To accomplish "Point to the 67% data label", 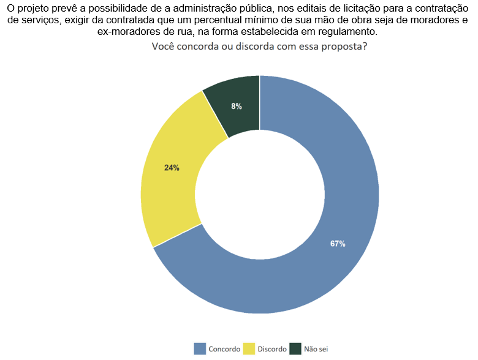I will (338, 244).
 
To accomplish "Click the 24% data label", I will (172, 168).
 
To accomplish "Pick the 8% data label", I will (237, 107).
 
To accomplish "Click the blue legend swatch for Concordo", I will (200, 348).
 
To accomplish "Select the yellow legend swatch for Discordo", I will (249, 348).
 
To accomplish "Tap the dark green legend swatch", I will (295, 348).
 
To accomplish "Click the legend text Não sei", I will (316, 349).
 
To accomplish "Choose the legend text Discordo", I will (272, 349).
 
